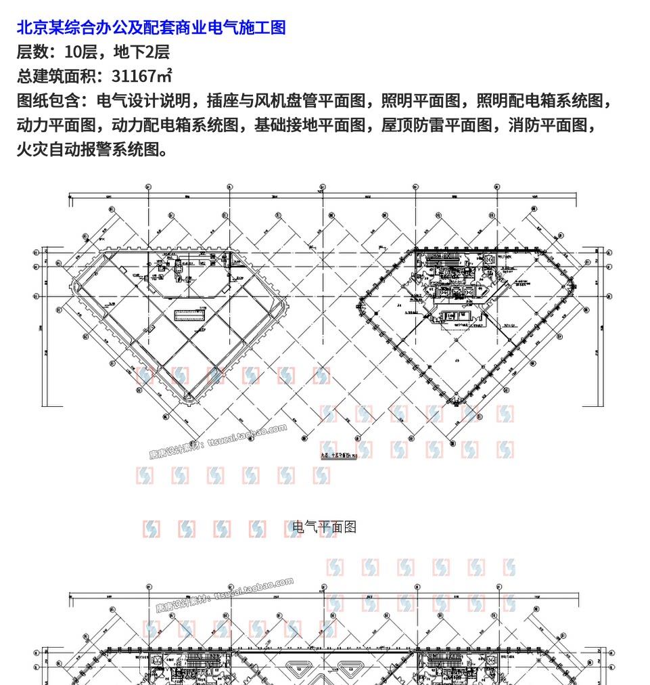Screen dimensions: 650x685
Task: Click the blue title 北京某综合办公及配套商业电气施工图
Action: (151, 28)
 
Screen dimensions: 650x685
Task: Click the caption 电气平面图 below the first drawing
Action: (324, 527)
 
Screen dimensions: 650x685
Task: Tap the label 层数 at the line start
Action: (33, 52)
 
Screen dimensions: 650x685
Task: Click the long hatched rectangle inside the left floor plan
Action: (191, 314)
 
